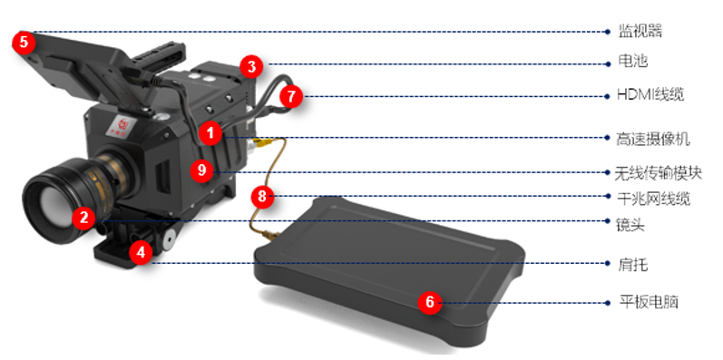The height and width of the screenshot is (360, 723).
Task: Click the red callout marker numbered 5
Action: point(24,43)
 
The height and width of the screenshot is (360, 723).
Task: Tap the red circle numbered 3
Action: point(251,67)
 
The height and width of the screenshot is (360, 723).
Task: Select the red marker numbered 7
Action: point(291,97)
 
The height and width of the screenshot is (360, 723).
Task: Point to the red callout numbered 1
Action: point(210,134)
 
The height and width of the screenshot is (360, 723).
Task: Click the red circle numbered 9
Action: point(201,170)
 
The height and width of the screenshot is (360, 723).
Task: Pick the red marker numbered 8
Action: point(262,197)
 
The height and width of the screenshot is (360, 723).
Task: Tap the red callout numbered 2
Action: point(83,218)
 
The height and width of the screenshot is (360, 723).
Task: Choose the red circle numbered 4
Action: point(141,253)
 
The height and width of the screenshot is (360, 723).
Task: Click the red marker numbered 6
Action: point(430,303)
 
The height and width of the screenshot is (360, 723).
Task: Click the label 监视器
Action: point(640,32)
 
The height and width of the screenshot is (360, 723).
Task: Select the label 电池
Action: point(632,62)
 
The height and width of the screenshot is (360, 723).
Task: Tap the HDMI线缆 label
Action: point(650,95)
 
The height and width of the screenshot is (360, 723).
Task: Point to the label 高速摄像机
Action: point(653,139)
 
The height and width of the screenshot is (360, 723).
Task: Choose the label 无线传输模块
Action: point(659,173)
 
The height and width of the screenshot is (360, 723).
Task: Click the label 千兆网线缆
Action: point(653,199)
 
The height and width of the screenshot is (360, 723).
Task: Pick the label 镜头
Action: point(630,225)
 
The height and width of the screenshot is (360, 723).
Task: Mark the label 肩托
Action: point(632,265)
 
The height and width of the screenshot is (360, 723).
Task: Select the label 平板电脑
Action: point(648,302)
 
